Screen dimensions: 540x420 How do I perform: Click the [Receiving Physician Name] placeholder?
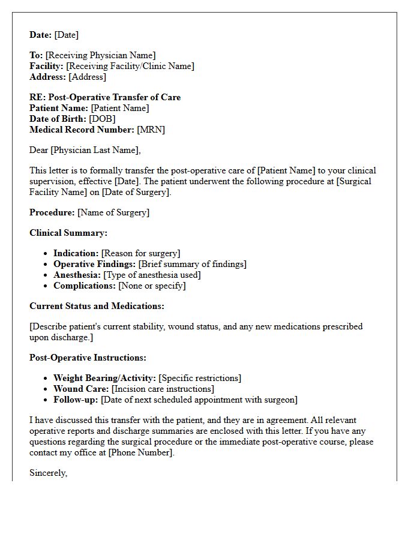point(100,56)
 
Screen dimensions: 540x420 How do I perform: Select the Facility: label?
point(47,67)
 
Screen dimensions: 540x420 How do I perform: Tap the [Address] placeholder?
point(87,77)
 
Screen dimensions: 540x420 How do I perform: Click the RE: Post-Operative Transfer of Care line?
point(105,97)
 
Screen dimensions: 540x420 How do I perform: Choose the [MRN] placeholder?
point(151,130)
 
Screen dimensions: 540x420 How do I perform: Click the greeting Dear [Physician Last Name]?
point(85,150)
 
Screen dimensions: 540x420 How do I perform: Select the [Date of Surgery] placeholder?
point(136,192)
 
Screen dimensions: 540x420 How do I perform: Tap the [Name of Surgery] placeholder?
point(113,212)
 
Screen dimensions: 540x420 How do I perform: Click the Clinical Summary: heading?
point(68,233)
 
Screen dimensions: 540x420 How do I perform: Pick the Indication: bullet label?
point(76,254)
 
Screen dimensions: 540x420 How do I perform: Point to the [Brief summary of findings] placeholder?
point(192,265)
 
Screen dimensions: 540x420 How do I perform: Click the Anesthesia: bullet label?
point(77,275)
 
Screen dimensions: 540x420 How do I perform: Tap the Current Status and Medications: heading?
point(97,306)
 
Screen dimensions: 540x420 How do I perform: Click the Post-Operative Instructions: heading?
point(88,358)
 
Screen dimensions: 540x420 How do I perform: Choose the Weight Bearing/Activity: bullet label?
point(105,378)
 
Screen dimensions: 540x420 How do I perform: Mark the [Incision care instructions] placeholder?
point(163,389)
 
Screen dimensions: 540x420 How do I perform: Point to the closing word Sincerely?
point(49,473)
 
